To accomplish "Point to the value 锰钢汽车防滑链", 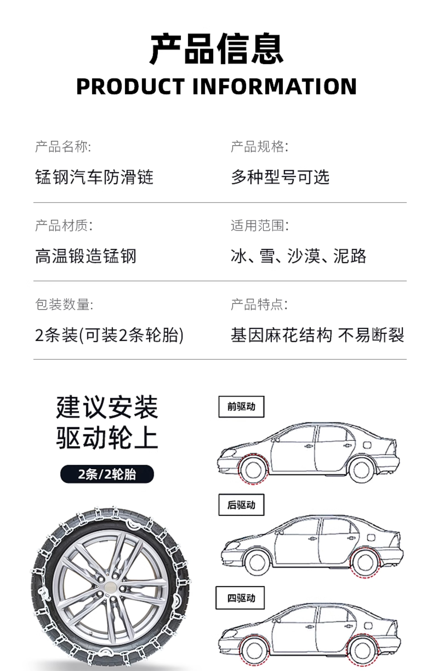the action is tap(94, 177).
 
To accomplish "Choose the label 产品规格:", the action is tap(259, 147).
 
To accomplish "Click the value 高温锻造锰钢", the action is tap(86, 256).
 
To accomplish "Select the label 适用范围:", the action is tap(259, 226).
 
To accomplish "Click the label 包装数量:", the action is tap(64, 304).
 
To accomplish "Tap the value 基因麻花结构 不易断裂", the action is tap(317, 335).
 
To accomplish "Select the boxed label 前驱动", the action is tap(241, 407).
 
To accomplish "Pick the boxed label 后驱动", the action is tap(241, 505).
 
